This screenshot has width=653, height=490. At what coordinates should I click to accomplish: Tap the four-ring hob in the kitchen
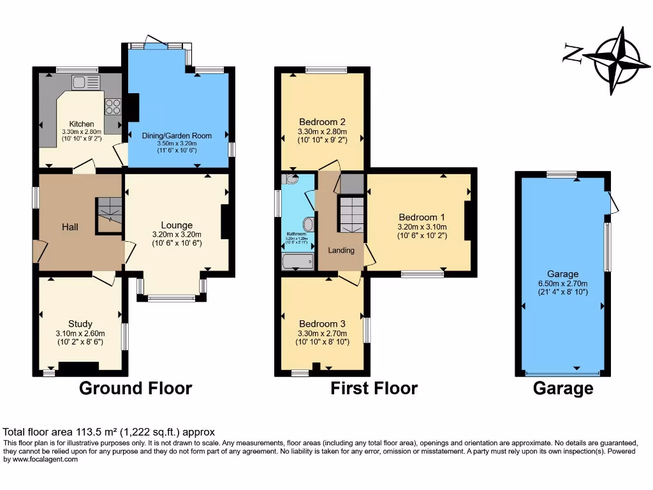pyautogui.click(x=113, y=106)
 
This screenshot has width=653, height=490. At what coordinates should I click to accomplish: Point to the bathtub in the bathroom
pyautogui.click(x=298, y=261)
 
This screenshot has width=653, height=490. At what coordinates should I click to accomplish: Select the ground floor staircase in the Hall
pyautogui.click(x=109, y=214)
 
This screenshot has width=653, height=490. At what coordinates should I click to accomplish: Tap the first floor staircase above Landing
pyautogui.click(x=350, y=214)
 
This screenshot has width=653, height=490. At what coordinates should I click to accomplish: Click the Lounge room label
pyautogui.click(x=177, y=225)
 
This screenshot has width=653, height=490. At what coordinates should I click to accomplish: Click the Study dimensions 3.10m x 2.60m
pyautogui.click(x=80, y=333)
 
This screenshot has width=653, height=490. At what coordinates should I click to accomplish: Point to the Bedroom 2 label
pyautogui.click(x=323, y=122)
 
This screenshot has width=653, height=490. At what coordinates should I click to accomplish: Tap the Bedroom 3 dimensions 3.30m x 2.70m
pyautogui.click(x=323, y=333)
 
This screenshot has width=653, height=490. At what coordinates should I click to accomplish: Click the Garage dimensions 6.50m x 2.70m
pyautogui.click(x=562, y=283)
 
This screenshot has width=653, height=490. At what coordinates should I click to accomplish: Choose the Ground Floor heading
pyautogui.click(x=135, y=388)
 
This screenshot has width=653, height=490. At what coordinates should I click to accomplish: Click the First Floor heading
pyautogui.click(x=374, y=388)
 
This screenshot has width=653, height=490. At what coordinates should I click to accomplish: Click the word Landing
pyautogui.click(x=341, y=250)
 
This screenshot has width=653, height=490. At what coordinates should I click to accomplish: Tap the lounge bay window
pyautogui.click(x=172, y=297)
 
